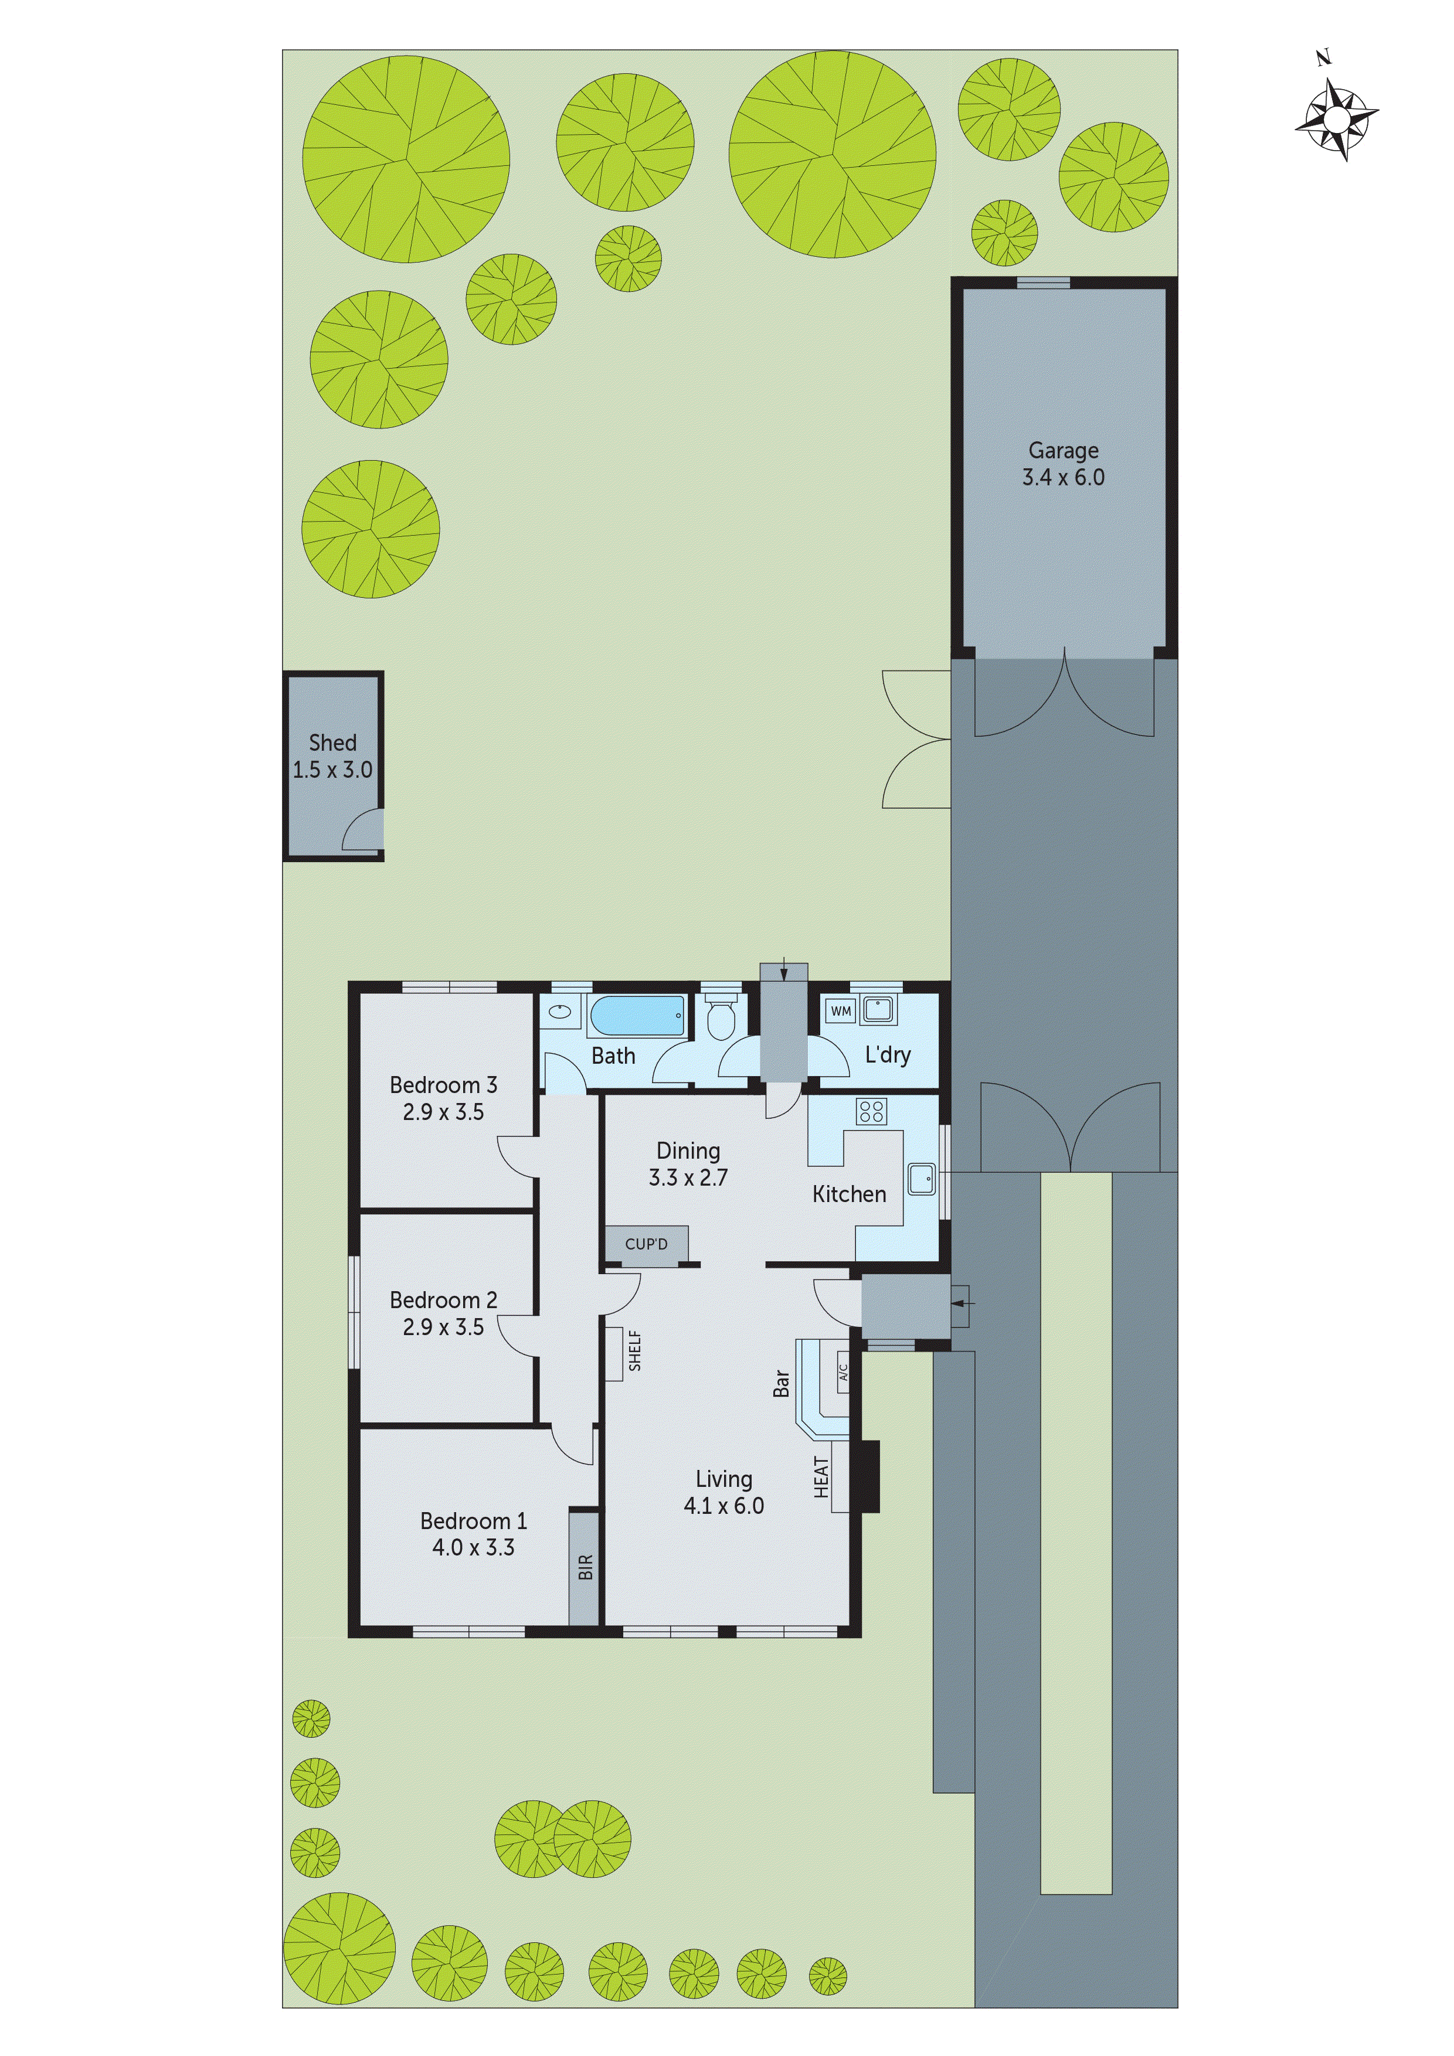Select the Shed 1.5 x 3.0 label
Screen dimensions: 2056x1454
332,756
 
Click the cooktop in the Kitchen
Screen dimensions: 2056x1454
871,1112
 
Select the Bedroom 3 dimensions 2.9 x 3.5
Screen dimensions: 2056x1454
443,1112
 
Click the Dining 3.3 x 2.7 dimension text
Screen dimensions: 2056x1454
688,1177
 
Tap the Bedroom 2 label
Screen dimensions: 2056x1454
443,1299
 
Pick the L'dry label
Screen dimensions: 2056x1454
887,1055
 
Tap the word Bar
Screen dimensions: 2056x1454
781,1384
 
